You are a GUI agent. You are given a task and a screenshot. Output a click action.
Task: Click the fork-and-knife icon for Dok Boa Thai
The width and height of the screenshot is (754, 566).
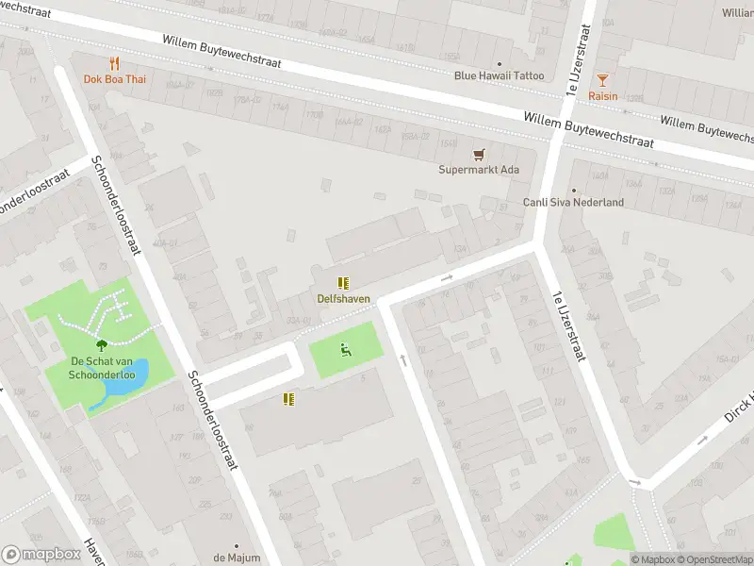coord(115,63)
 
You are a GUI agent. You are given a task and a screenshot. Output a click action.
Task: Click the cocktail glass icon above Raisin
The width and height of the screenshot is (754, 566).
coord(603,79)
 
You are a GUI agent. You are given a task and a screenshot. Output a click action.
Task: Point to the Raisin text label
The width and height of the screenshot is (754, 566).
coord(603,96)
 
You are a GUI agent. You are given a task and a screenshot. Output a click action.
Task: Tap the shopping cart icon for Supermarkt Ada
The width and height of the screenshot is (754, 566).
coord(479,154)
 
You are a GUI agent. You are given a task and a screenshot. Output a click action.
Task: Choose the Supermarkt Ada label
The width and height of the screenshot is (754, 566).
coord(479,170)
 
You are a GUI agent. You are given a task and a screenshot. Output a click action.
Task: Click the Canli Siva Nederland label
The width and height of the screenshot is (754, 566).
coord(573,202)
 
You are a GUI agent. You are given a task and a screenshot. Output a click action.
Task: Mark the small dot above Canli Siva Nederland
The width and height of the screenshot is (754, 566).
coord(573,189)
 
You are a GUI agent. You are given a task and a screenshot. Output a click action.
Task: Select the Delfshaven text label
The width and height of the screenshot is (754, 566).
coord(343,299)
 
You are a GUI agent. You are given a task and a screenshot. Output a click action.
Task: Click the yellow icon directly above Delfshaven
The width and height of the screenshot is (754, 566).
coord(343,283)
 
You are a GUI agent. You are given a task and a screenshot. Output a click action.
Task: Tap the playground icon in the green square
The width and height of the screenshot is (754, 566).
coord(345,351)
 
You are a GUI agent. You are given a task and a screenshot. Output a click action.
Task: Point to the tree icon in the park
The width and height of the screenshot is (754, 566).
coord(101,346)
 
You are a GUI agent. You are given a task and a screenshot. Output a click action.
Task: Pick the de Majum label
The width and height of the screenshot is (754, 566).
coord(236,558)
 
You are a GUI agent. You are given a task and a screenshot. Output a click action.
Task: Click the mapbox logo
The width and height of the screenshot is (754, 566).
coord(40,555)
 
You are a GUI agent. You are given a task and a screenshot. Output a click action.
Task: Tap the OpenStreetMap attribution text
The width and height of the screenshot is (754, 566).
coord(713,559)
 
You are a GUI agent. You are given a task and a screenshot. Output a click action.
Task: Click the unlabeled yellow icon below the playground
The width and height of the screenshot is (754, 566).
coord(289,399)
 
